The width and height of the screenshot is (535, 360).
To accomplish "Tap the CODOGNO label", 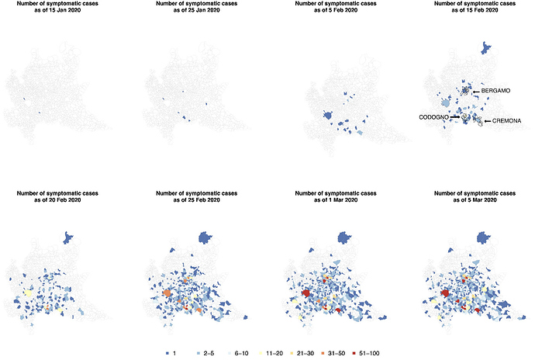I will pyautogui.click(x=434, y=116).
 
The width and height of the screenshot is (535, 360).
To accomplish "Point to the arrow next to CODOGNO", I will pyautogui.click(x=454, y=116).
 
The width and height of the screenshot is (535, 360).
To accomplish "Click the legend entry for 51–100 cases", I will pyautogui.click(x=364, y=353).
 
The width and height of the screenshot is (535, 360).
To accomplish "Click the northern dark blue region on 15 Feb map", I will pyautogui.click(x=487, y=48).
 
